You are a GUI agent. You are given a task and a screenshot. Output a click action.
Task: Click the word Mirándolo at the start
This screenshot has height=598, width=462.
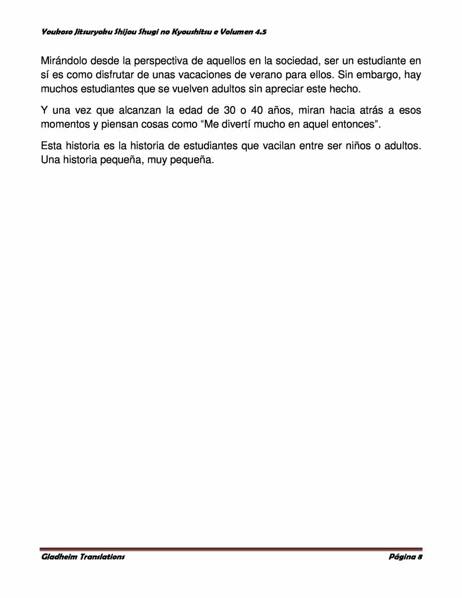[x=64, y=61]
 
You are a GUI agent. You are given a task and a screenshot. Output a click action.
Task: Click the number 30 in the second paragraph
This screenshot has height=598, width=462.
[x=230, y=110]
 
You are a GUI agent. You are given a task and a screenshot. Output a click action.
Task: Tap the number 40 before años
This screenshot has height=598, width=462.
[x=257, y=110]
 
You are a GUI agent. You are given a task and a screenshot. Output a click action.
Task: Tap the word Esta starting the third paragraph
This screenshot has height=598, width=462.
[x=51, y=145]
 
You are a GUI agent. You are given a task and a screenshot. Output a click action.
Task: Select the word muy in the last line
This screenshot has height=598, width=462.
[x=157, y=160]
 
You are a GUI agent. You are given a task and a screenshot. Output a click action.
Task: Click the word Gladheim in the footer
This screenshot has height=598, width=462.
[x=59, y=556]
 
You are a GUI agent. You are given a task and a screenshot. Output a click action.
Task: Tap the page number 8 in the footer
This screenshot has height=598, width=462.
[x=420, y=556]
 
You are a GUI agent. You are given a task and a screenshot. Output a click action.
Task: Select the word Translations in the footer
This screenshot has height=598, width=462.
[x=102, y=556]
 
